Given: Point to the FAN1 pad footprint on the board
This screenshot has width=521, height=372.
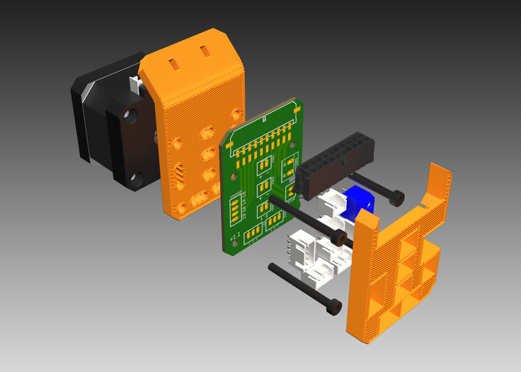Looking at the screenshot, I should coord(265,164).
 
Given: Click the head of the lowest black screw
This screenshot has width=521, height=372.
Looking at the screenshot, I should coord(334,307).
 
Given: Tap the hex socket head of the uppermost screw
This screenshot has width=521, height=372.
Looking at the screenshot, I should coord(397,198).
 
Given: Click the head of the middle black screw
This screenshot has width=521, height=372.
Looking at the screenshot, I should coord(338,237).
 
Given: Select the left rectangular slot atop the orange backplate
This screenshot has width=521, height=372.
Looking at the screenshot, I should coord(173,63).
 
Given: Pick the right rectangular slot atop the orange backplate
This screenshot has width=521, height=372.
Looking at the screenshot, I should coord(205,51).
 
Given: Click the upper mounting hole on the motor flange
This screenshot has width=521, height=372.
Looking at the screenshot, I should coord(130,117).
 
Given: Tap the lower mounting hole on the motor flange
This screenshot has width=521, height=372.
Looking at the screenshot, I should coord(137,179).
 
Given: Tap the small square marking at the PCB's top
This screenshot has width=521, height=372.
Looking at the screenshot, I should coord(265,121).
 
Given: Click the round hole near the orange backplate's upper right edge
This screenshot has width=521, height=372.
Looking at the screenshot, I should coord(235,113).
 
